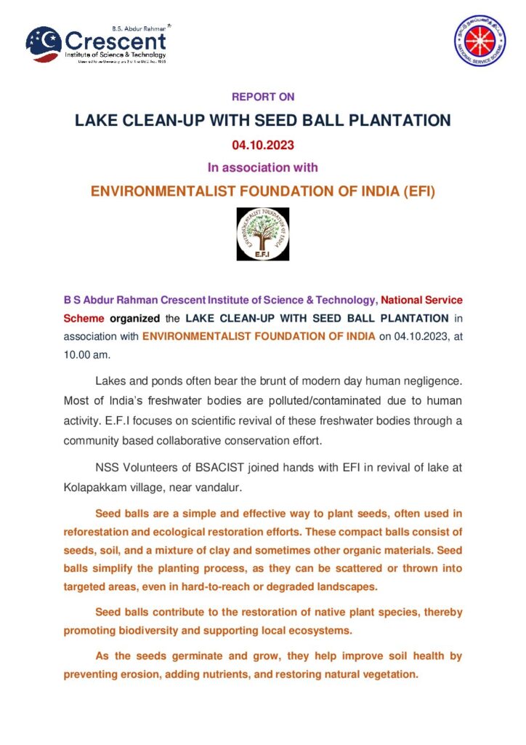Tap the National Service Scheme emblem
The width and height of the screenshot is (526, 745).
tap(480, 41)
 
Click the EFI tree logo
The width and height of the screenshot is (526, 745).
tap(262, 234)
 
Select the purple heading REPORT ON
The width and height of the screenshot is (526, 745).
tap(263, 97)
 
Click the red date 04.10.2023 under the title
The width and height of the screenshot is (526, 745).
tap(263, 145)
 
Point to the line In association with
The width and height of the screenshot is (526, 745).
tap(263, 167)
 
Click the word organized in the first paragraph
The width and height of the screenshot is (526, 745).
tap(134, 318)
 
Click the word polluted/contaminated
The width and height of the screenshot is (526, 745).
tap(309, 402)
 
